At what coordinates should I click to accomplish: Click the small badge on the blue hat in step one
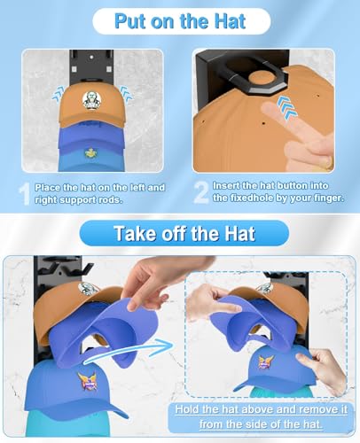coord(89,152)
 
